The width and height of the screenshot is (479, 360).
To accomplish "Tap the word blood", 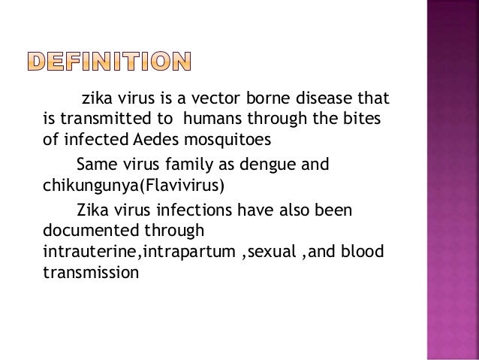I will (x=365, y=249).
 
